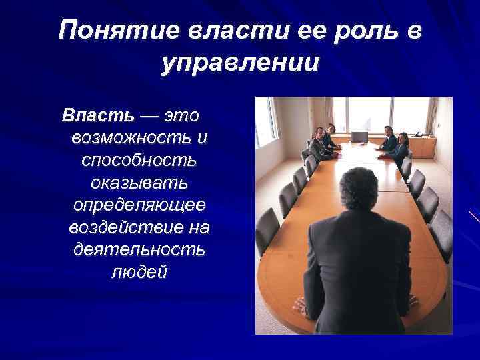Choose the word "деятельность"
pyautogui.click(x=138, y=250)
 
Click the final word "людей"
pyautogui.click(x=138, y=273)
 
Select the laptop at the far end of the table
pyautogui.click(x=360, y=138)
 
